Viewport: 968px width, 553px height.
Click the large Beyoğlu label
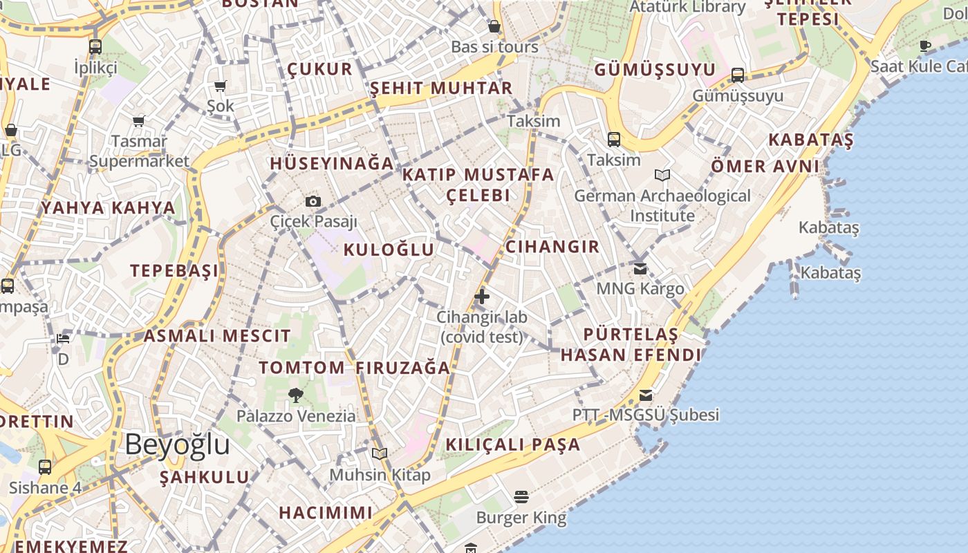click(177, 444)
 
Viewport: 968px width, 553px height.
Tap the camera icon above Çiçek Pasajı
click(313, 201)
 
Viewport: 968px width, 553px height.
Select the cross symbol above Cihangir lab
click(482, 297)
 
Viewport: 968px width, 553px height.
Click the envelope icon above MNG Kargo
click(641, 268)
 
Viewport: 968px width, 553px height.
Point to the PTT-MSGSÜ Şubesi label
click(646, 415)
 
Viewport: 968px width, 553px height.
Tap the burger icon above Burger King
click(521, 497)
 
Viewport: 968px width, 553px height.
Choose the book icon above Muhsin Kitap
click(379, 453)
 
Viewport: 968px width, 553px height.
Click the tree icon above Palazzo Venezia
click(296, 395)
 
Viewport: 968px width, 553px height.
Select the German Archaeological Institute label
click(662, 205)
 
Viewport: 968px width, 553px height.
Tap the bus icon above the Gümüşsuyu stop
click(738, 75)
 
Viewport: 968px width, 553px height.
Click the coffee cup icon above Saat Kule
click(925, 46)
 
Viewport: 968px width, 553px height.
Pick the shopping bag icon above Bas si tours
click(494, 27)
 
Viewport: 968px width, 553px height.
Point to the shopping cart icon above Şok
click(221, 86)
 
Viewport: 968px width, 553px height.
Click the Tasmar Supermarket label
click(139, 151)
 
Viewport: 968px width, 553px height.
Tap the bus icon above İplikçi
click(95, 47)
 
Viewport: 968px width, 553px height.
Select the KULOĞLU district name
click(389, 250)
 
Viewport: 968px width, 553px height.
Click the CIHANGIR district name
click(552, 247)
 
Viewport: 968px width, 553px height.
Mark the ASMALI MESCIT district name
click(217, 337)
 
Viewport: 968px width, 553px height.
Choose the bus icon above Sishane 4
click(45, 467)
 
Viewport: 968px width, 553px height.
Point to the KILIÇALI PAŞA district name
click(513, 444)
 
